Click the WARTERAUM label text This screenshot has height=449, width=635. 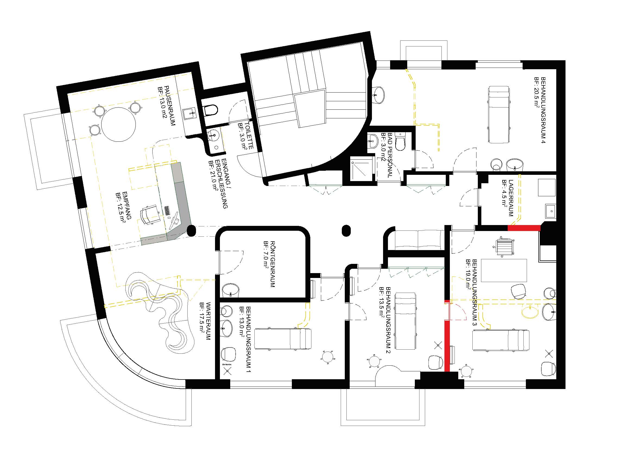[208, 325]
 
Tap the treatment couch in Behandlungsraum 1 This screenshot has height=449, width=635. [283, 339]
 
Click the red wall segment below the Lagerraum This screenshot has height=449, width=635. [524, 228]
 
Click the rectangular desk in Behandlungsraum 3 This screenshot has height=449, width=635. [504, 270]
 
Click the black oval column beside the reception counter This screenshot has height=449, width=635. [191, 230]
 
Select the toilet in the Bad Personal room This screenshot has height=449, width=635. [400, 141]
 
